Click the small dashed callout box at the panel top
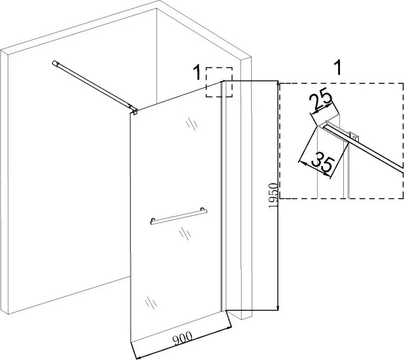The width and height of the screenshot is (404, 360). point(219,83)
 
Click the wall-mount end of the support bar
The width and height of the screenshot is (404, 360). point(56,64)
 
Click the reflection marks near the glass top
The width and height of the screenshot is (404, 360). point(192,124)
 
